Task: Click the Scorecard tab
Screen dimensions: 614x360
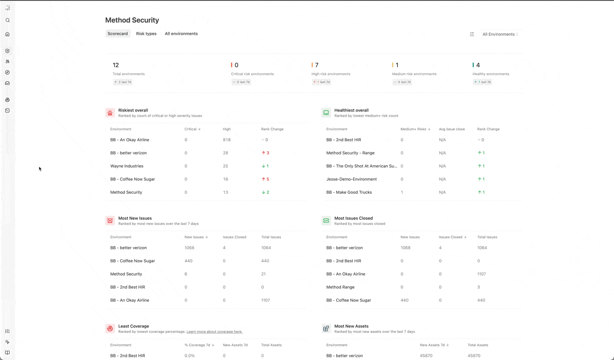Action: pyautogui.click(x=118, y=34)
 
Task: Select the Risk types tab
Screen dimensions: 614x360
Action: pyautogui.click(x=146, y=34)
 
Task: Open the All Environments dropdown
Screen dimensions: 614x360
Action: pyautogui.click(x=500, y=34)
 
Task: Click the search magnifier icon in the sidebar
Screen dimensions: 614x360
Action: pyautogui.click(x=8, y=20)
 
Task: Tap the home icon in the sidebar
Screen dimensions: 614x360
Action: pyautogui.click(x=7, y=34)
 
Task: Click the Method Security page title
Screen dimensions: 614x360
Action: pyautogui.click(x=132, y=20)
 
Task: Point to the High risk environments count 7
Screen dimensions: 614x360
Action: pyautogui.click(x=317, y=65)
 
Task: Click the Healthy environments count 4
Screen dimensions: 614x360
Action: pyautogui.click(x=478, y=65)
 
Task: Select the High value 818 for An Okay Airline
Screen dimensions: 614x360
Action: pyautogui.click(x=227, y=140)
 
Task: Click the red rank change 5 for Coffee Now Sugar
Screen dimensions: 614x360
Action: pyautogui.click(x=266, y=179)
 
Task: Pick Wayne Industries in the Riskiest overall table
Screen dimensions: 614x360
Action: pyautogui.click(x=127, y=166)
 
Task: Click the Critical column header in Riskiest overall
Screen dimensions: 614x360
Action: pyautogui.click(x=192, y=129)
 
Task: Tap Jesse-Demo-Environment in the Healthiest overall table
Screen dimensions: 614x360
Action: pyautogui.click(x=352, y=179)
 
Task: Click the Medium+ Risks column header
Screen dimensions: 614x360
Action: pyautogui.click(x=415, y=129)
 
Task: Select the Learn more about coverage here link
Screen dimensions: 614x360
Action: pyautogui.click(x=214, y=331)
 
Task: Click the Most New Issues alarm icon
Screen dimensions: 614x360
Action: pyautogui.click(x=110, y=220)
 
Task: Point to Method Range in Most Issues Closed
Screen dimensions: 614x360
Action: pyautogui.click(x=340, y=287)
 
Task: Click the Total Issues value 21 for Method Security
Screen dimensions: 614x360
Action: pyautogui.click(x=263, y=274)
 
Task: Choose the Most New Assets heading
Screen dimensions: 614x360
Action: pyautogui.click(x=351, y=326)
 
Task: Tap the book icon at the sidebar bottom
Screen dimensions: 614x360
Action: pyautogui.click(x=7, y=353)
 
